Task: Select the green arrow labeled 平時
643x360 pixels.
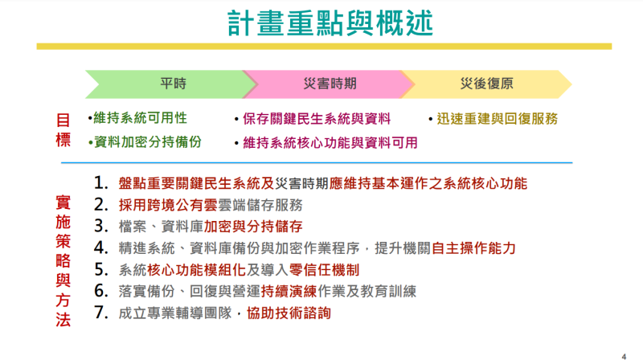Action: coord(173,84)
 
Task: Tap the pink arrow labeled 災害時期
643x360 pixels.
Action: coord(330,84)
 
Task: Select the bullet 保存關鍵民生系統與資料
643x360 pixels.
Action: coord(316,119)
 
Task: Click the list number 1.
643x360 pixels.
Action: coord(100,182)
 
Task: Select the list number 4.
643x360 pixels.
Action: coord(100,247)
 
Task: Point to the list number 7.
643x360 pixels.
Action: coord(100,313)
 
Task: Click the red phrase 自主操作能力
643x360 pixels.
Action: coord(473,247)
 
